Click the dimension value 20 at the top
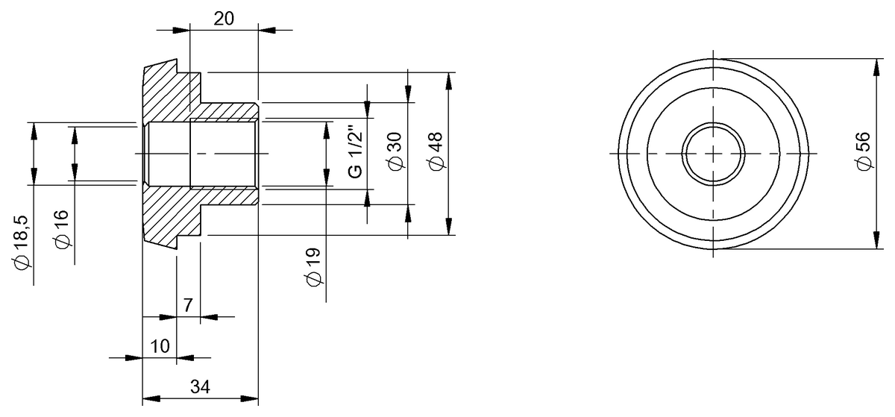pyautogui.click(x=224, y=19)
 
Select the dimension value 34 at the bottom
pyautogui.click(x=200, y=386)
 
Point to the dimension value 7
pyautogui.click(x=188, y=304)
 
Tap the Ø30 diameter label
pyautogui.click(x=395, y=153)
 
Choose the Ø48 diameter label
pyautogui.click(x=436, y=153)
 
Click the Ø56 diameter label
pyautogui.click(x=863, y=153)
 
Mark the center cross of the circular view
pyautogui.click(x=713, y=153)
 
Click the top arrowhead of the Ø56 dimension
pyautogui.click(x=876, y=66)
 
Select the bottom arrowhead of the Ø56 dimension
pyautogui.click(x=876, y=241)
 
